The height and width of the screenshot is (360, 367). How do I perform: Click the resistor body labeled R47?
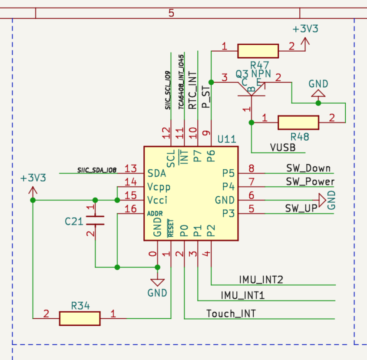tap(258, 51)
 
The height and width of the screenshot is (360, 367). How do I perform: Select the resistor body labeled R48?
tap(298, 122)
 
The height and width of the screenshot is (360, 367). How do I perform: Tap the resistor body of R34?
tap(80, 318)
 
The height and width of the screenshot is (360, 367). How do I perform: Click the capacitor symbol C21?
tap(95, 220)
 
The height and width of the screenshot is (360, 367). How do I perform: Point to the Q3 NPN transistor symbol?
tap(251, 89)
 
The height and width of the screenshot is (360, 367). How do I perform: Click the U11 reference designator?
tap(227, 139)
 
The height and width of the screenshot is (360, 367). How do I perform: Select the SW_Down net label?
tap(308, 168)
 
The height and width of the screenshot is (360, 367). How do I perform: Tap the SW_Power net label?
tap(310, 182)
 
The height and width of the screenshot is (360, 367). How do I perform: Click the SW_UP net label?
tap(301, 208)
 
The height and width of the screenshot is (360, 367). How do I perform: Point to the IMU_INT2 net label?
tap(261, 280)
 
